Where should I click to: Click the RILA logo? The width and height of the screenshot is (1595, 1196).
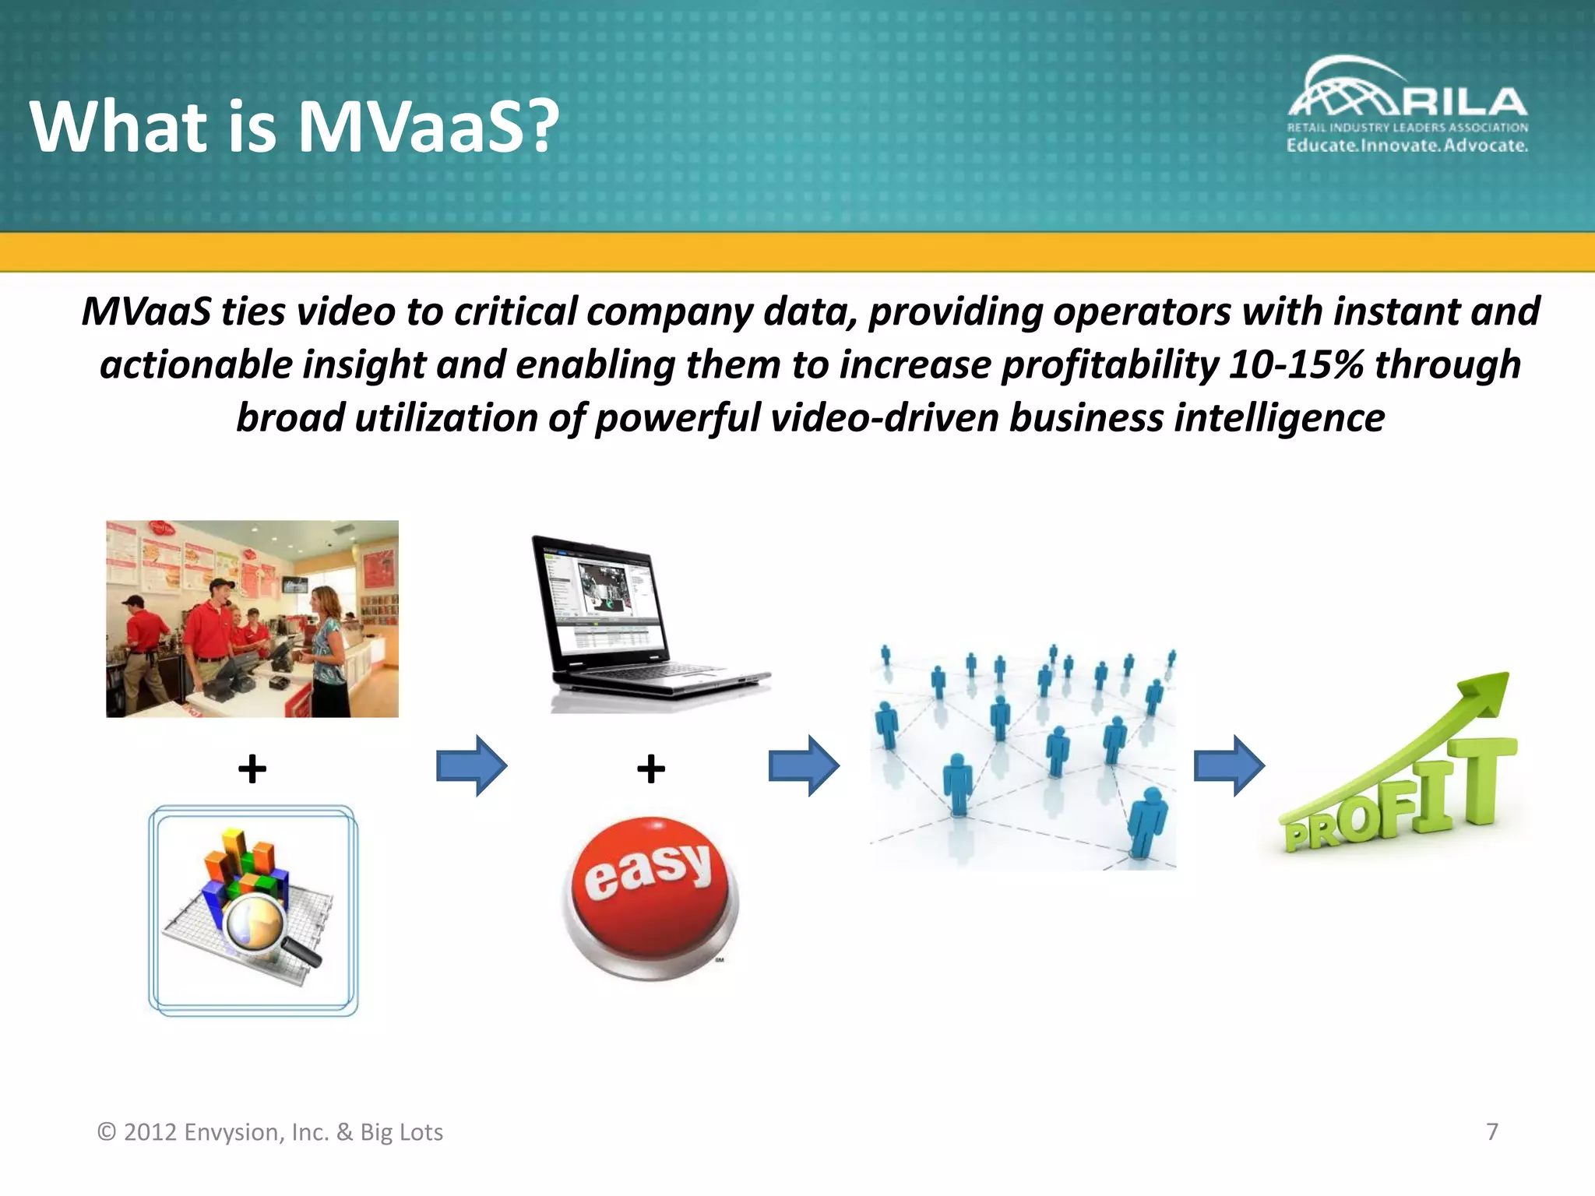(1407, 93)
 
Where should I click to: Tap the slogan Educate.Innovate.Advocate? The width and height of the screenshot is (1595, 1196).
(1407, 146)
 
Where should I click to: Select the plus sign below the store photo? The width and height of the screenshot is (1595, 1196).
(252, 769)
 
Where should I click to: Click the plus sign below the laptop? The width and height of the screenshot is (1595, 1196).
(650, 769)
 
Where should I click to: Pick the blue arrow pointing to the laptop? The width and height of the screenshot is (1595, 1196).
(471, 765)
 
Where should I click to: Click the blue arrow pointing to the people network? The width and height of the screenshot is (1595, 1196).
(803, 765)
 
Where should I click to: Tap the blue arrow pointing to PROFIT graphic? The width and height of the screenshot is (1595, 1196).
(1229, 765)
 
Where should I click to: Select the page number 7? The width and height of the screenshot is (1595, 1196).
(1492, 1131)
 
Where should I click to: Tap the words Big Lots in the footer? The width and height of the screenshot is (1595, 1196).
(401, 1131)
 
